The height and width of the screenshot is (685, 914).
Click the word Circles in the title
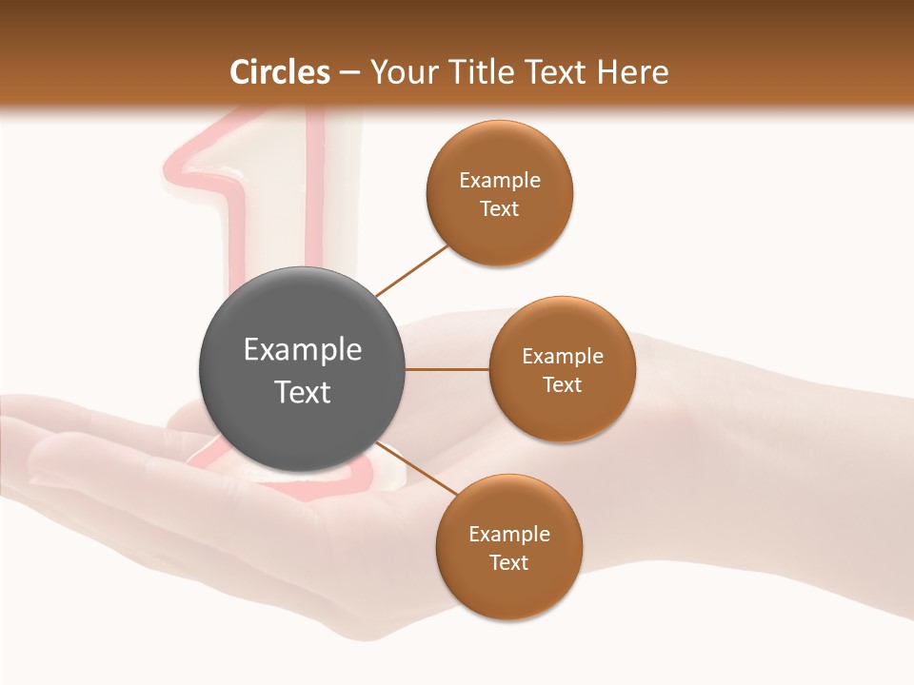point(279,72)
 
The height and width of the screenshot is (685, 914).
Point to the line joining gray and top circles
point(411,270)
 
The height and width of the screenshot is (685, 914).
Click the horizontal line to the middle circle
point(447,369)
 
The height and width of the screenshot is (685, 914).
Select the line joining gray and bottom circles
point(415,468)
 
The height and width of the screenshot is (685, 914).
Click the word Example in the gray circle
point(303,350)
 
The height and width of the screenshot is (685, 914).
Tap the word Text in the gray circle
point(303,392)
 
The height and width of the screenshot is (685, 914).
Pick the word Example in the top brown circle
point(500,181)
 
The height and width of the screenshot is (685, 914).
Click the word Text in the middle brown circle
point(562,384)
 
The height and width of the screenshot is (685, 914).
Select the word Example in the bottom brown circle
point(509,534)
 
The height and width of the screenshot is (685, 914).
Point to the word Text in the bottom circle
point(508,562)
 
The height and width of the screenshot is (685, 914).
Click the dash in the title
point(349,72)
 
